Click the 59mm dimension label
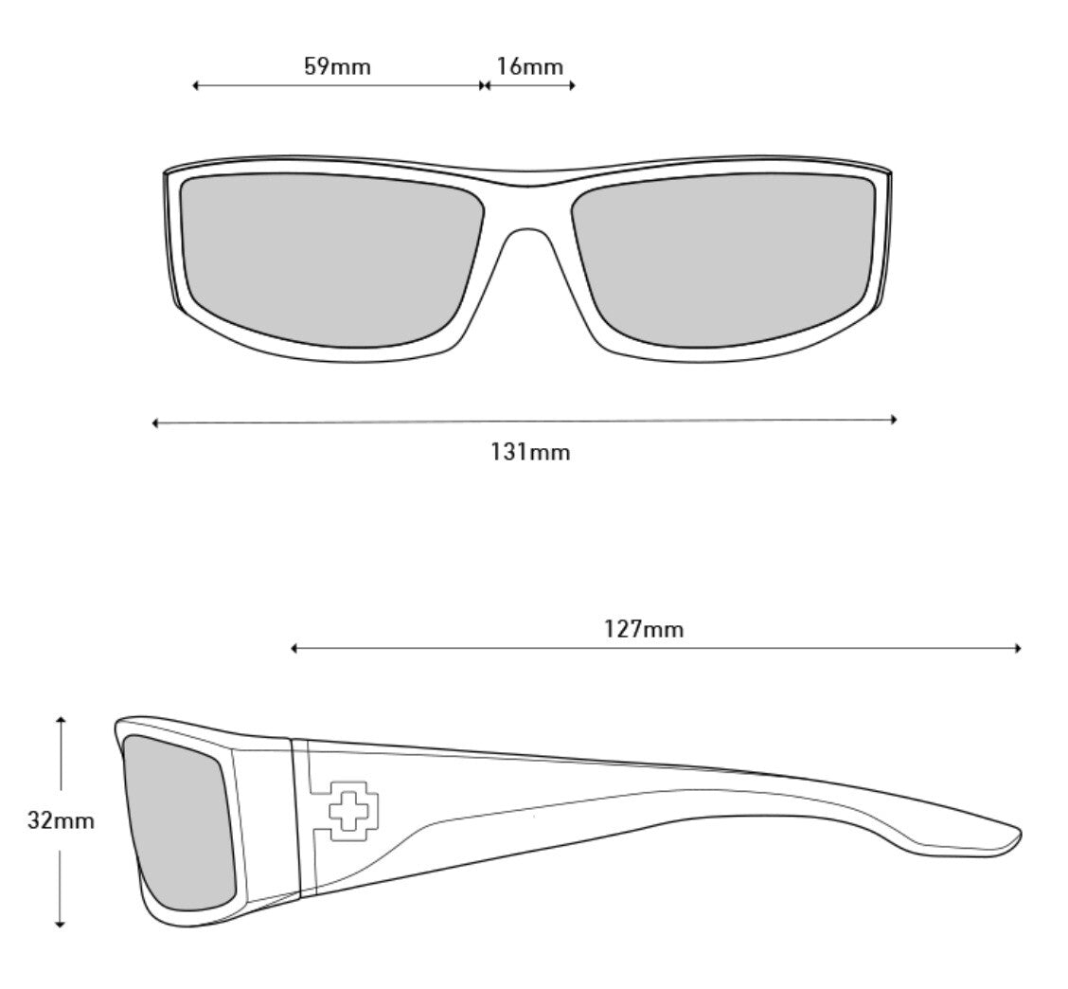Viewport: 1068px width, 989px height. click(337, 66)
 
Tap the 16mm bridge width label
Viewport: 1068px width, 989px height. click(529, 66)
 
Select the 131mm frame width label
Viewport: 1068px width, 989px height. click(530, 452)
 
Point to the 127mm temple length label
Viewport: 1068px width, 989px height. click(644, 628)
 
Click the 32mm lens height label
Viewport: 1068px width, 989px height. click(61, 820)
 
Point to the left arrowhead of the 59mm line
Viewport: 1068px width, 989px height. click(195, 85)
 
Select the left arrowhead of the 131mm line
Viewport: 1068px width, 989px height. click(155, 423)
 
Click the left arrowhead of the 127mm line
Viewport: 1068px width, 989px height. click(294, 648)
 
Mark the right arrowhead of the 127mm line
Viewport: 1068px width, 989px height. click(1018, 648)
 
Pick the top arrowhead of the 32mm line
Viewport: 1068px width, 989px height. click(61, 720)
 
